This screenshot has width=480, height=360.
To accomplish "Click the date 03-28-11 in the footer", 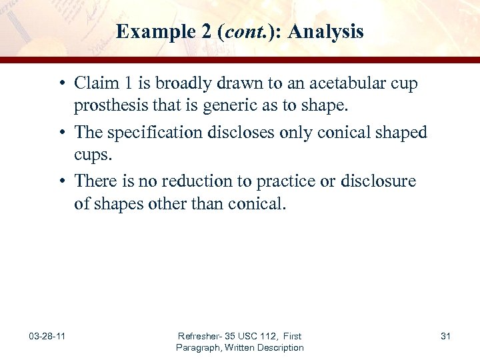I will point(47,336).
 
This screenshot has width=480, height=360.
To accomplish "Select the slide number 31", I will point(445,336).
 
